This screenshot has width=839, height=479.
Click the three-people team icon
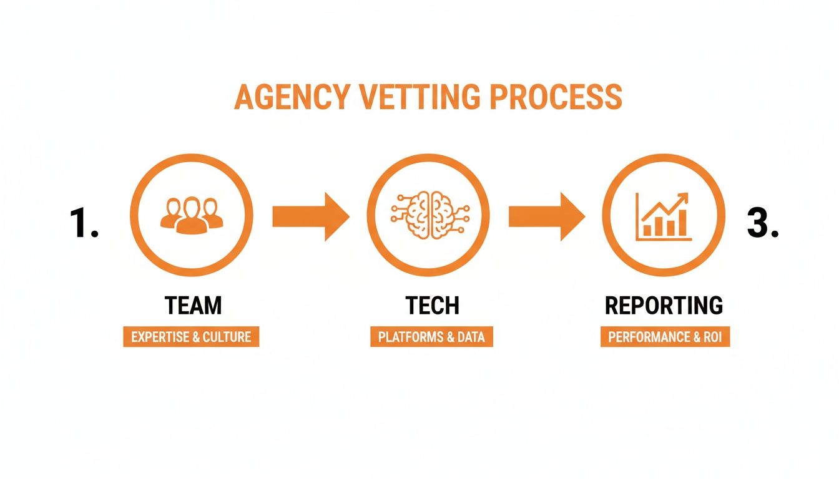(x=191, y=215)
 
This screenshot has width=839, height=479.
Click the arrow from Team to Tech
(x=310, y=216)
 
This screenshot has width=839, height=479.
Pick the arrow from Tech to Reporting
(x=546, y=216)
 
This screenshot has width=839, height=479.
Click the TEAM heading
(x=193, y=306)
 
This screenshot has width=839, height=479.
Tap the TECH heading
(x=432, y=306)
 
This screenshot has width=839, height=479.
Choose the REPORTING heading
(x=664, y=306)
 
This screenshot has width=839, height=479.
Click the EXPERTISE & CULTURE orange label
(x=191, y=337)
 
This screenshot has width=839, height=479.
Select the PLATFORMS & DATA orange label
(x=431, y=337)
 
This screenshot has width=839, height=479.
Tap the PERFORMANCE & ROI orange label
(x=665, y=337)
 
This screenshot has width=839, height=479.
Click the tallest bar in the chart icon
(x=682, y=223)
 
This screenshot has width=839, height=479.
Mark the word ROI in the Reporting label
(x=711, y=337)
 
